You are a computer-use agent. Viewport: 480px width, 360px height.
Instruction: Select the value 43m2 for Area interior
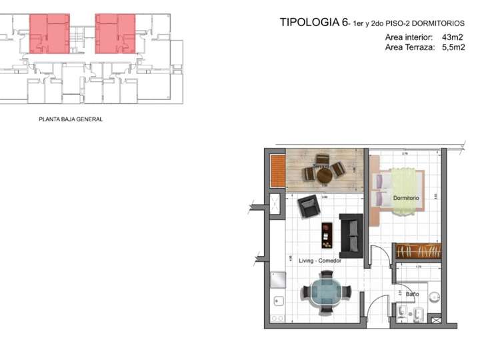(451, 37)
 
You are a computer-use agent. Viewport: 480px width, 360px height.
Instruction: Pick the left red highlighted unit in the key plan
(49, 33)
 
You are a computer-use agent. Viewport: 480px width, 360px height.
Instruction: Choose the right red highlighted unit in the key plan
(116, 33)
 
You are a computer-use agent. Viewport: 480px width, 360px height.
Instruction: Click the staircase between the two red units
(83, 37)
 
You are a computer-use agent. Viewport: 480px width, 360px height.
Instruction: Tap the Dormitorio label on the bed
(405, 199)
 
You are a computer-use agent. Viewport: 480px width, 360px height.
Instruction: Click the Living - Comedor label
(320, 261)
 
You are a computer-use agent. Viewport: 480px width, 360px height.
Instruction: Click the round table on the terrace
(324, 175)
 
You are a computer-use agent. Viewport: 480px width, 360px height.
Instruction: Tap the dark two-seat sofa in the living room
(351, 235)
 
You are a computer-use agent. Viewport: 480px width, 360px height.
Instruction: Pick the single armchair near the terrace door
(309, 208)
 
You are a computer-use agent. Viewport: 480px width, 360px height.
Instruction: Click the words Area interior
(409, 37)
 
